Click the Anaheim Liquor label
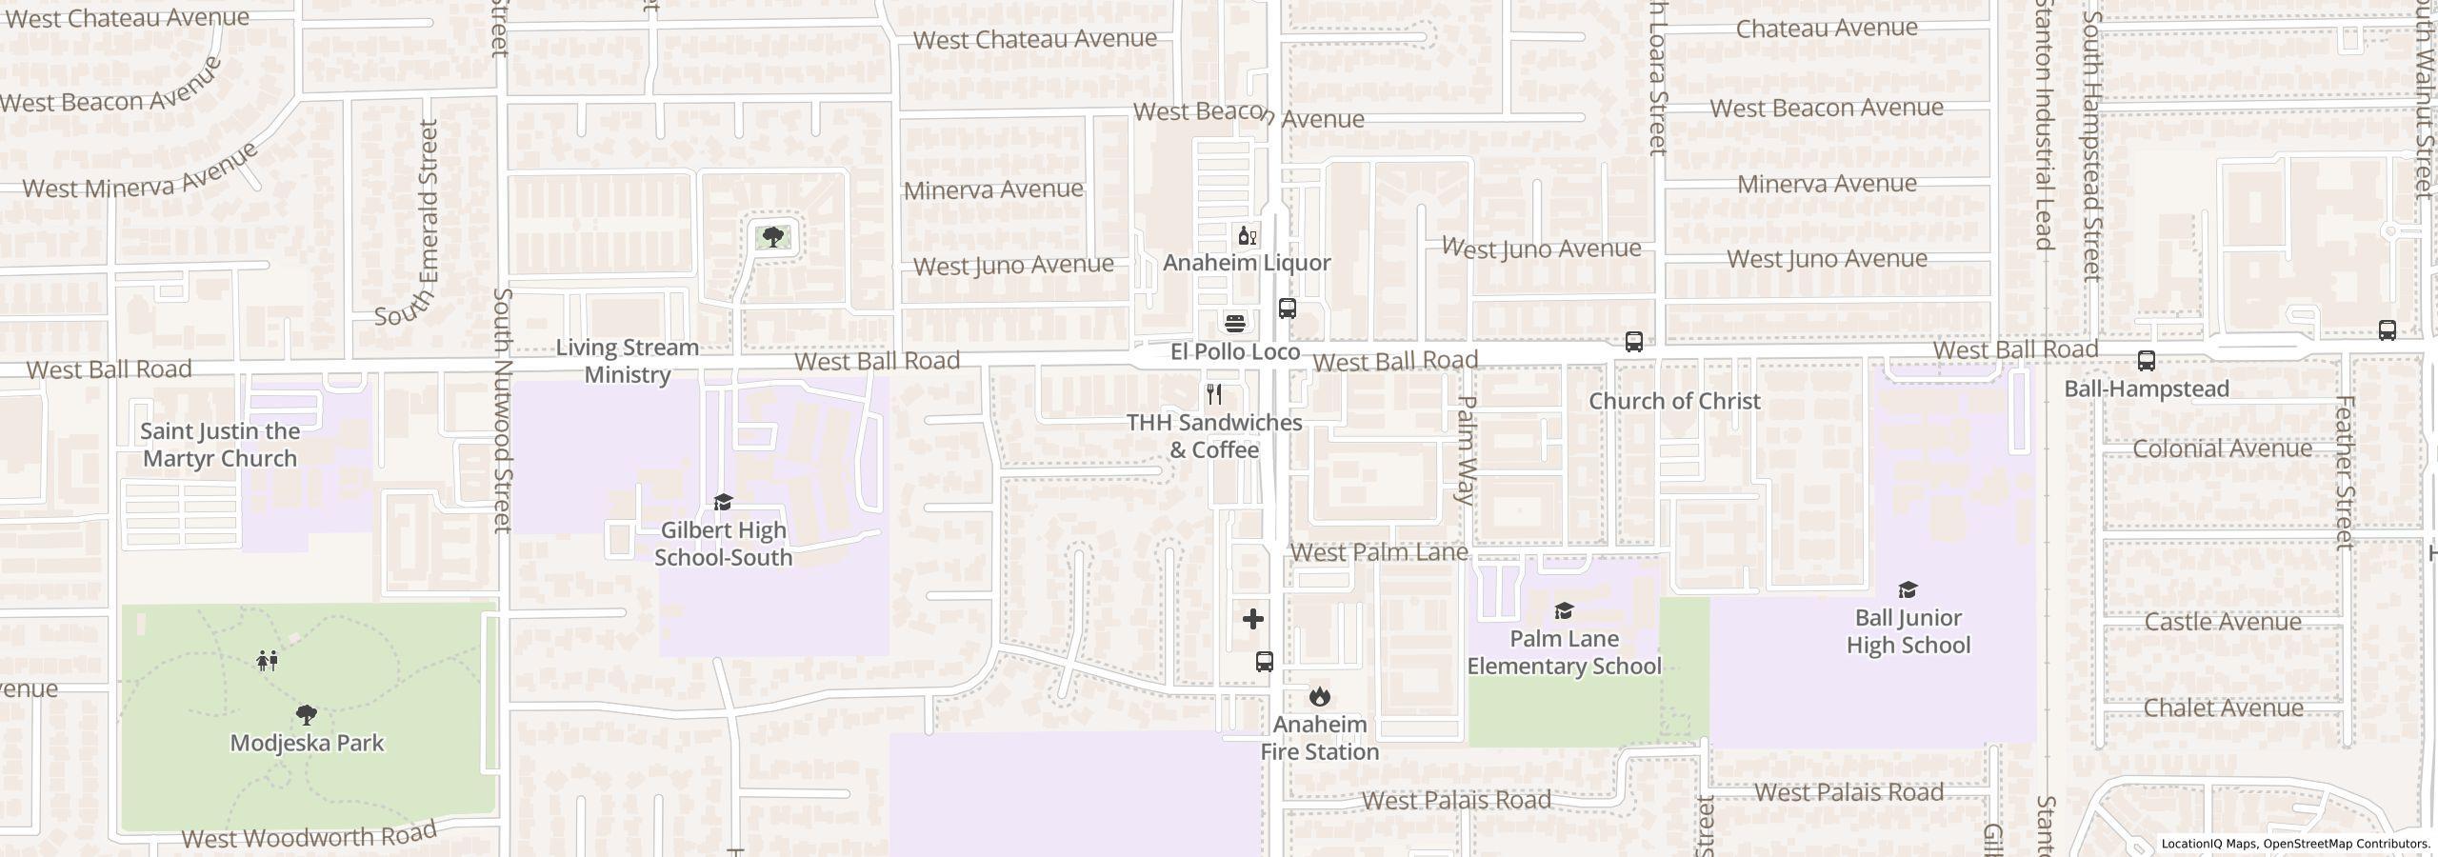[1247, 263]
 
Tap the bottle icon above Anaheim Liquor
[1247, 235]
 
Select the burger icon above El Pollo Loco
[1235, 323]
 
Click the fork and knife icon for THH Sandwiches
[1214, 393]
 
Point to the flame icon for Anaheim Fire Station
[1319, 696]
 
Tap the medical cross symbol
[1253, 620]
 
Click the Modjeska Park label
[307, 743]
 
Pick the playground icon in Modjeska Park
[268, 660]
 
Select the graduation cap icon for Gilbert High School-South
[723, 502]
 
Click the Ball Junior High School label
[1908, 631]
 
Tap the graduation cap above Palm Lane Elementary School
[1564, 610]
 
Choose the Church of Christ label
[1674, 401]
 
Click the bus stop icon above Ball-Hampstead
[2147, 361]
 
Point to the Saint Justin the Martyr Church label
[220, 445]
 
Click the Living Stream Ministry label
[628, 361]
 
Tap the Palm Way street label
[1467, 449]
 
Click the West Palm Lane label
[1378, 552]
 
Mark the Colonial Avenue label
[2222, 448]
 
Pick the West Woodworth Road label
[309, 836]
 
